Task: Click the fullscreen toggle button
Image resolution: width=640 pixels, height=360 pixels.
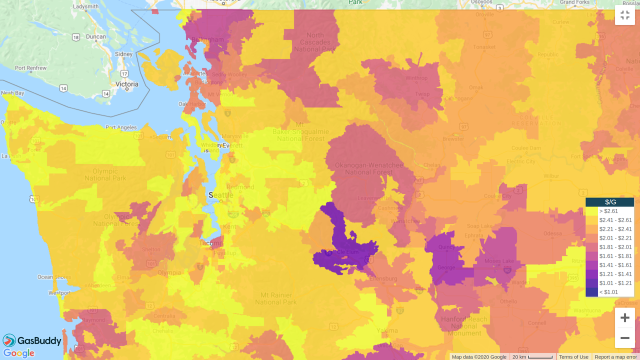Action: pyautogui.click(x=624, y=15)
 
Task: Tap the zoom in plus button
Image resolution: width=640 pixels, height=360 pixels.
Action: pyautogui.click(x=624, y=318)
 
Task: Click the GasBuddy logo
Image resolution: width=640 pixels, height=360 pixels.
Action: pyautogui.click(x=32, y=341)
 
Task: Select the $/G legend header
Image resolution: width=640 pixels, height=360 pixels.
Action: pyautogui.click(x=610, y=202)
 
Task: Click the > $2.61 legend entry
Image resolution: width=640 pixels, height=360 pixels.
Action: pyautogui.click(x=609, y=211)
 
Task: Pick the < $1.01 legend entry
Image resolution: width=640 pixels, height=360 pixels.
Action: pyautogui.click(x=609, y=292)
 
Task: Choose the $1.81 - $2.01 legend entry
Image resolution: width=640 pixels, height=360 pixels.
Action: pyautogui.click(x=609, y=247)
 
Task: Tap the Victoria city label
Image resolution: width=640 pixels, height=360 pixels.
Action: pyautogui.click(x=127, y=84)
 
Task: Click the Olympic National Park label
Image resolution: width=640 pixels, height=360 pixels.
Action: pyautogui.click(x=105, y=174)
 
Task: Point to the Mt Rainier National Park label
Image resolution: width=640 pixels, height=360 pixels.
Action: pyautogui.click(x=276, y=298)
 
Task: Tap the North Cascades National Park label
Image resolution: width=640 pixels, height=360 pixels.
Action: pyautogui.click(x=315, y=42)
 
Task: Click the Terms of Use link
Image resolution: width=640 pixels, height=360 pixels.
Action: pyautogui.click(x=573, y=357)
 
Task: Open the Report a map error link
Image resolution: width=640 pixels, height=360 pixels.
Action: pyautogui.click(x=615, y=357)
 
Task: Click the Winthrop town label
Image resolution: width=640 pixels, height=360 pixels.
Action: pyautogui.click(x=416, y=78)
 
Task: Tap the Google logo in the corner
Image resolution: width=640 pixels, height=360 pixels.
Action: pyautogui.click(x=19, y=353)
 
